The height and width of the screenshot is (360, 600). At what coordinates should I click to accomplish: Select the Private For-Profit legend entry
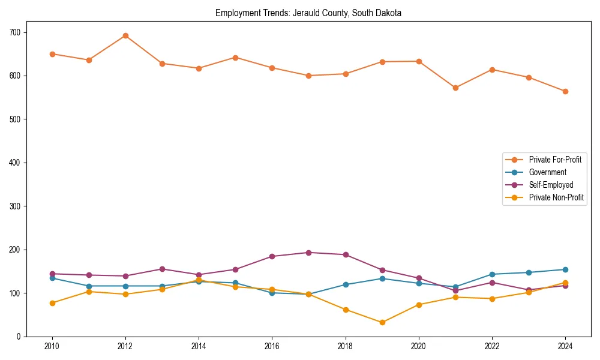click(x=554, y=160)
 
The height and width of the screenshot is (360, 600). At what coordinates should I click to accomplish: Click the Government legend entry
click(x=547, y=172)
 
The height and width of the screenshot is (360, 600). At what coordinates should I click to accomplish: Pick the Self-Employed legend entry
click(x=551, y=185)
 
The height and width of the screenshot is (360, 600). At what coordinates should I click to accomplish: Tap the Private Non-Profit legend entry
click(x=556, y=197)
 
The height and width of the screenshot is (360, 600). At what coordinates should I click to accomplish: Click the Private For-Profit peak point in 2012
click(x=125, y=35)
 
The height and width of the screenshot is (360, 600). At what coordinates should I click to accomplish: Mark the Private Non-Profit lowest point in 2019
click(x=382, y=322)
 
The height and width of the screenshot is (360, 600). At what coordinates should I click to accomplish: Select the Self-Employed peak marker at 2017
click(x=308, y=253)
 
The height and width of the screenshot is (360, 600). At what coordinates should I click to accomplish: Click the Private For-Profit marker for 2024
click(x=565, y=91)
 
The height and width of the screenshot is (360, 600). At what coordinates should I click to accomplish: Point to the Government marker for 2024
click(x=565, y=269)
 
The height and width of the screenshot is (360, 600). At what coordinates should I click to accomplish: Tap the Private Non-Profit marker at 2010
click(x=52, y=303)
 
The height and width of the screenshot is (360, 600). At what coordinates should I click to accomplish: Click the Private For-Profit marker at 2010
click(x=52, y=54)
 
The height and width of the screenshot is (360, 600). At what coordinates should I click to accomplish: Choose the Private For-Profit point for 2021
click(x=455, y=88)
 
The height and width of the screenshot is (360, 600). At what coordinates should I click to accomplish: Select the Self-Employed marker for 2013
click(x=162, y=269)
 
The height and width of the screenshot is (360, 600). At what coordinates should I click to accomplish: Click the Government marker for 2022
click(x=492, y=274)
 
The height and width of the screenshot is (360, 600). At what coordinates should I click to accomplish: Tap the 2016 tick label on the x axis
click(x=272, y=347)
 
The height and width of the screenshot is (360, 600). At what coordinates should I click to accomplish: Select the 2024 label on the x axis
click(x=565, y=347)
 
